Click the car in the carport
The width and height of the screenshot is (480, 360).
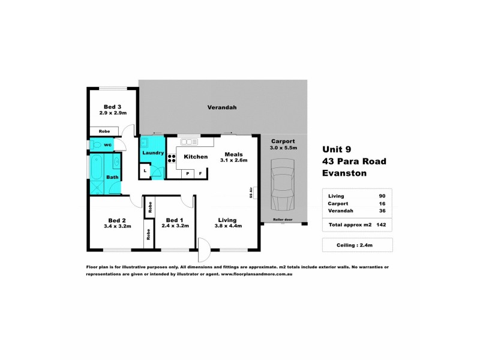tap(282, 184)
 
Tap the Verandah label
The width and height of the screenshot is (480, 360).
tap(222, 107)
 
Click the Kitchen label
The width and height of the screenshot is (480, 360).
tap(196, 157)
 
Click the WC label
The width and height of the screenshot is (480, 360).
tap(107, 145)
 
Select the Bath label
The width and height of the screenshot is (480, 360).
tap(112, 177)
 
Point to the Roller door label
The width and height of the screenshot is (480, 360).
tap(282, 220)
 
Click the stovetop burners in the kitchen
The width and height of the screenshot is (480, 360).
tap(171, 159)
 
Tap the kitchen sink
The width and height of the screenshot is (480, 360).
tap(187, 142)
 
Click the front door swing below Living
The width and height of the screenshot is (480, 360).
tap(204, 247)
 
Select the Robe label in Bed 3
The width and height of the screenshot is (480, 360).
tap(104, 131)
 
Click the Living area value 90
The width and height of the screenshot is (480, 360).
tap(382, 196)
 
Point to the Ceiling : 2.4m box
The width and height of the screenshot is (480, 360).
tap(356, 244)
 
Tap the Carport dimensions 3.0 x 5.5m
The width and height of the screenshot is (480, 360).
tap(283, 148)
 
